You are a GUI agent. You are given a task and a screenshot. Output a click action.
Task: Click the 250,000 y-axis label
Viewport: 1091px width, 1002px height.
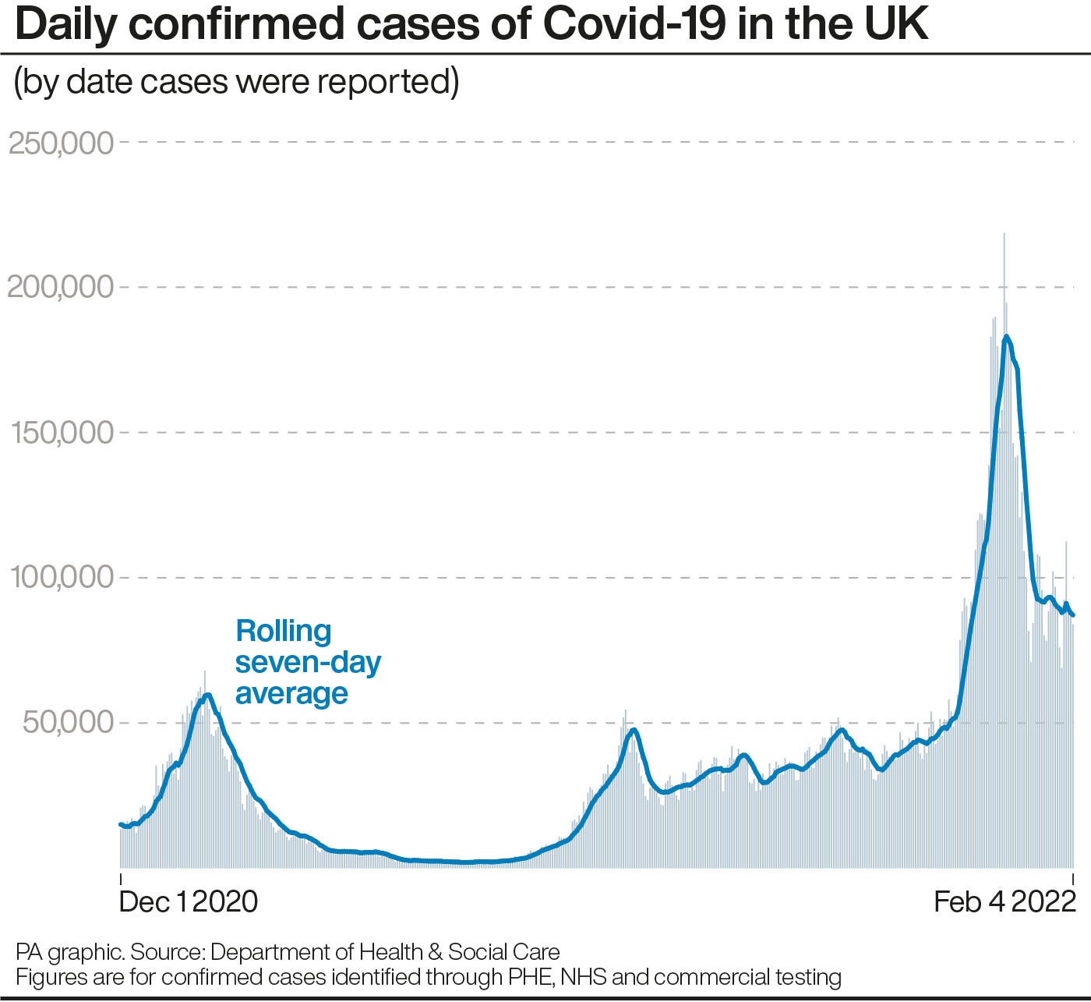point(61,143)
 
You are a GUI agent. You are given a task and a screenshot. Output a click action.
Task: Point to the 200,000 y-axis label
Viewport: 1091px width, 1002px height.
point(61,288)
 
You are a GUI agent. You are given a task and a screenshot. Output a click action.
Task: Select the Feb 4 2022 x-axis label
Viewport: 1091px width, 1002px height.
point(1004,901)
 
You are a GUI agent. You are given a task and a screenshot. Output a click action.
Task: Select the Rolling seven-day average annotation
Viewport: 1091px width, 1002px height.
point(308,662)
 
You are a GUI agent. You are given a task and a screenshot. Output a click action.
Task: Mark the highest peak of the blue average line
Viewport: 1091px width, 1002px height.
point(1006,337)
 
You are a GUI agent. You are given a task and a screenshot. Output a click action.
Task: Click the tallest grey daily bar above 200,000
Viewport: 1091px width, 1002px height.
point(1004,234)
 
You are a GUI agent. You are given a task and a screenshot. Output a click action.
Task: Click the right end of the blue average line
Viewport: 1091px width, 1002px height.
point(1073,615)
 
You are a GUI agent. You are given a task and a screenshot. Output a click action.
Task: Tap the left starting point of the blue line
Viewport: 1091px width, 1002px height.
point(121,824)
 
